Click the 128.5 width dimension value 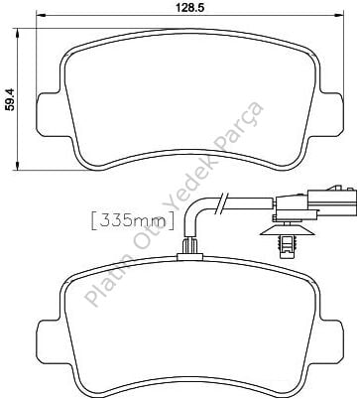pos(189,7)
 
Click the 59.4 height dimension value pos(10,99)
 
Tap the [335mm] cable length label pos(132,221)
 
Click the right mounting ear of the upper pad pos(330,113)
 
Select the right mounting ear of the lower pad pos(330,341)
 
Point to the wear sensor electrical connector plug pos(315,202)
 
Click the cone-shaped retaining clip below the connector pos(287,239)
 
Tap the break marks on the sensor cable pos(221,202)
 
